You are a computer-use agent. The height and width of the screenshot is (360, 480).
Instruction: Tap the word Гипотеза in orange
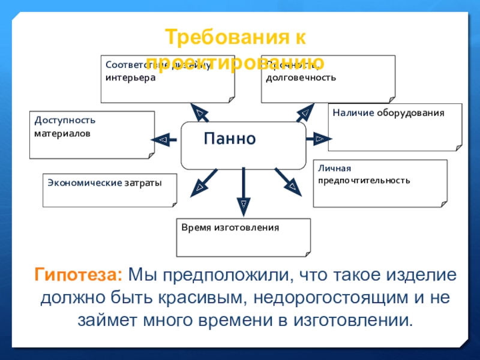(78, 275)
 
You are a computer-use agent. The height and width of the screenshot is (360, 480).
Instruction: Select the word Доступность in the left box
(65, 120)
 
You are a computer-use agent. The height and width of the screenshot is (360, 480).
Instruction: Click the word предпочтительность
(364, 180)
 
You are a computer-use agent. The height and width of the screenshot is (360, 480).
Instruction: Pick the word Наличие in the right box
(353, 112)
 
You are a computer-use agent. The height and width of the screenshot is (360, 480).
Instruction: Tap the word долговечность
(301, 77)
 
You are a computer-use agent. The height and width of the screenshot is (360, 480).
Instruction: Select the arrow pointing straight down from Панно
(244, 192)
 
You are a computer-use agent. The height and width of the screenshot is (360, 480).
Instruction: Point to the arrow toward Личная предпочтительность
(289, 181)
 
